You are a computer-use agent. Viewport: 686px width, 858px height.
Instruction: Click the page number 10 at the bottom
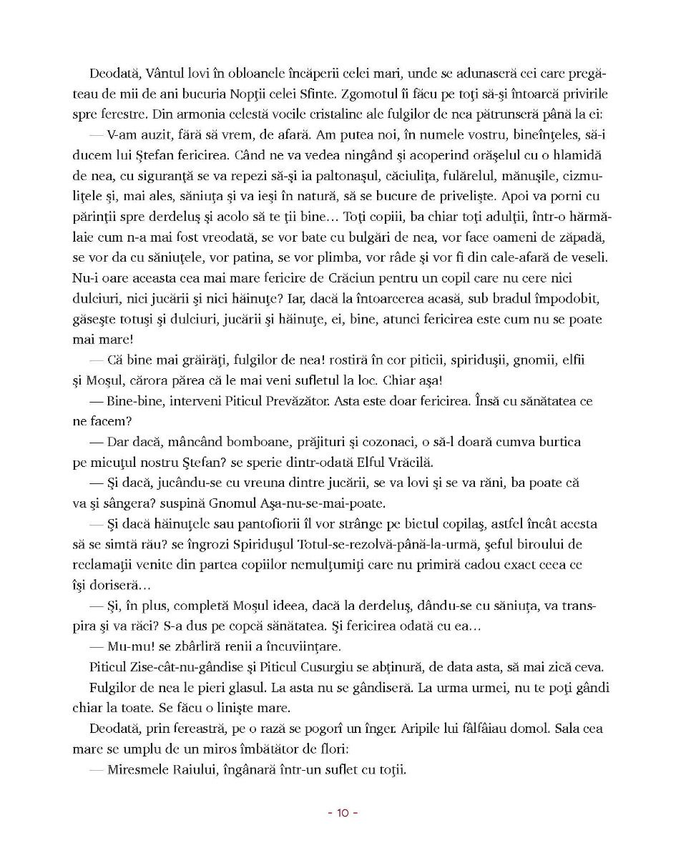click(x=342, y=813)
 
